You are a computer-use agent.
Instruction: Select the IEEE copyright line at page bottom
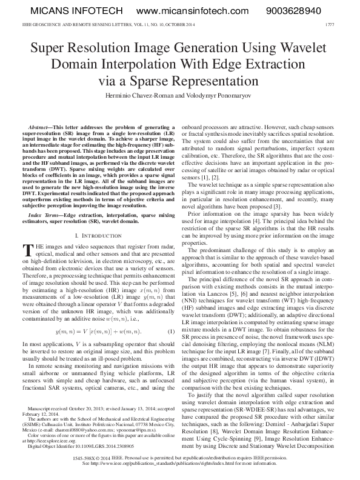coord(179,459)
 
